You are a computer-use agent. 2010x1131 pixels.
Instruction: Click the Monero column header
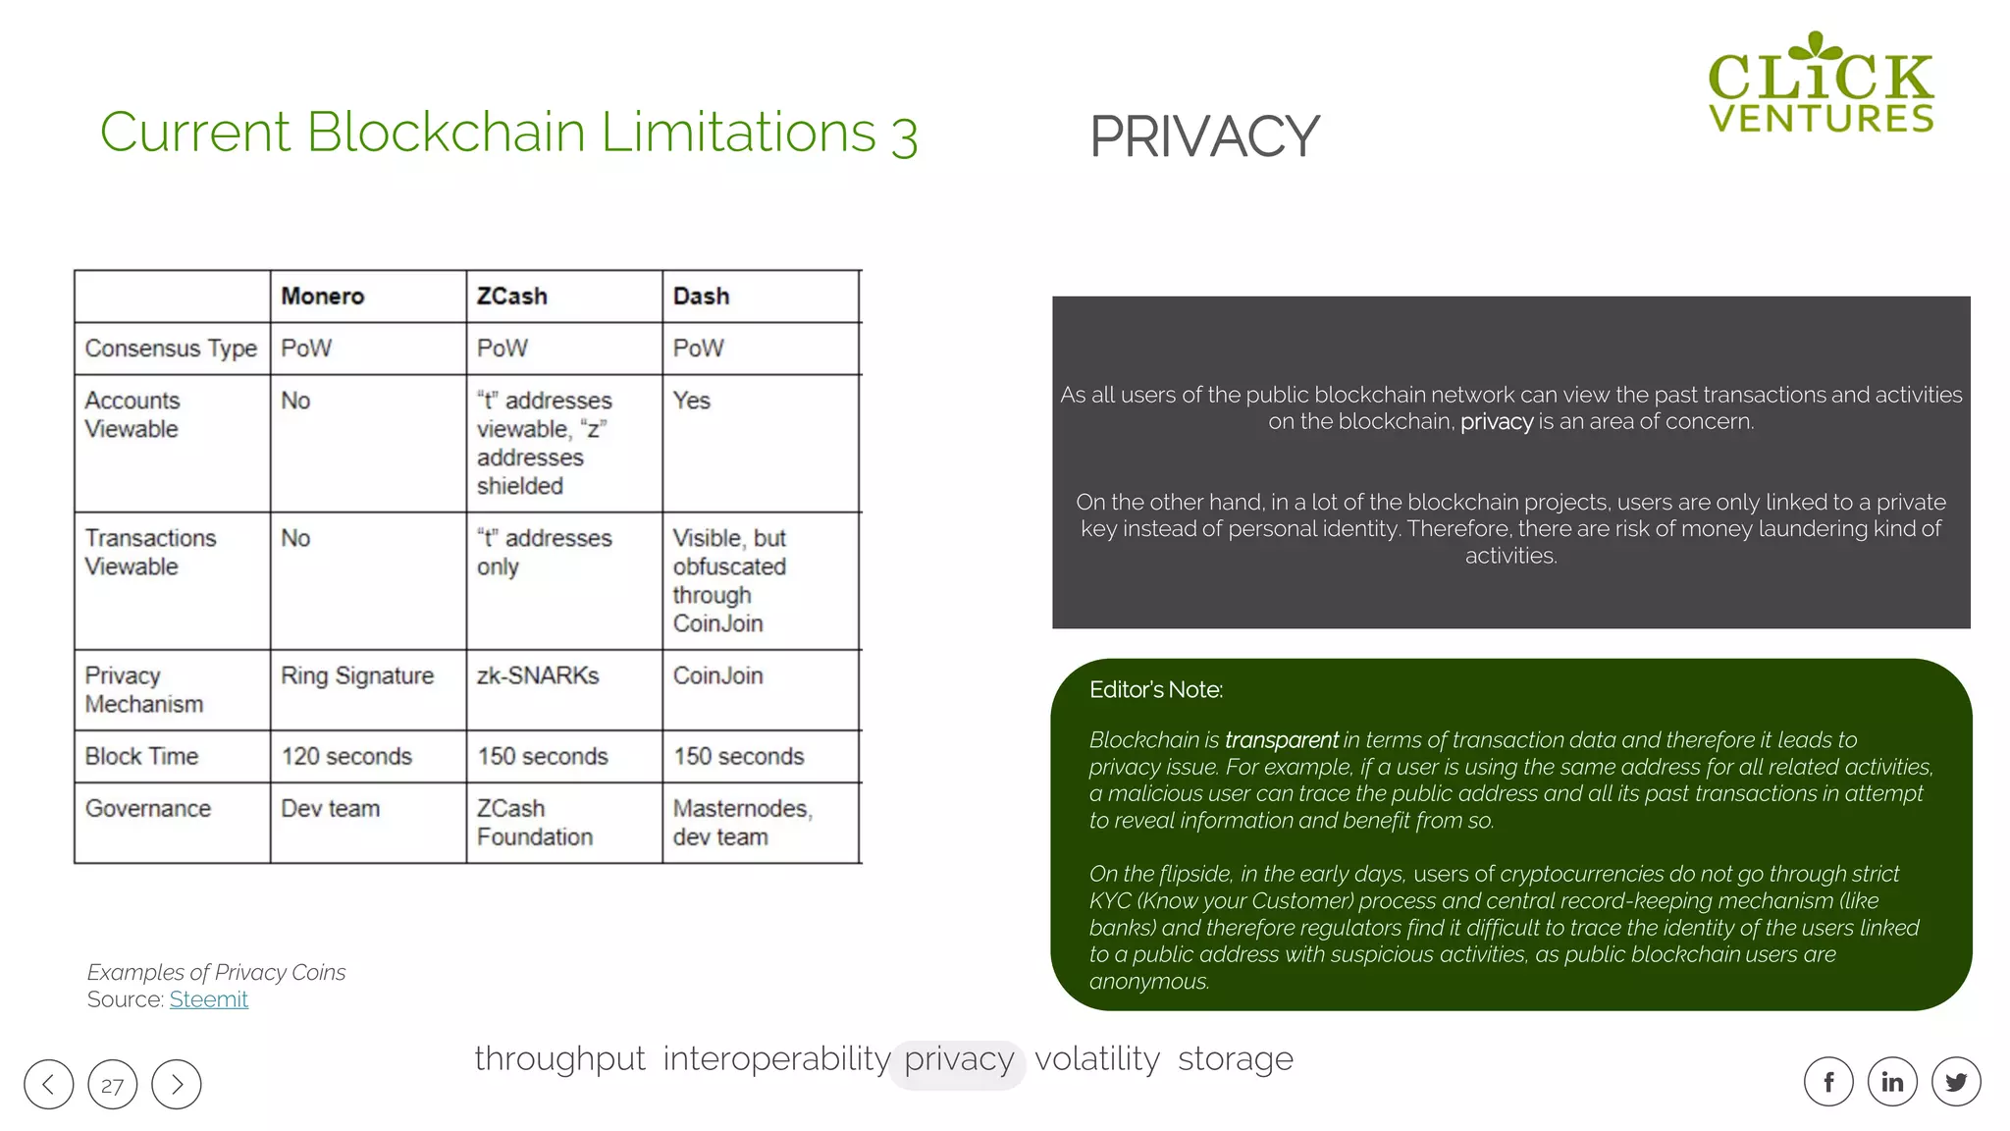323,296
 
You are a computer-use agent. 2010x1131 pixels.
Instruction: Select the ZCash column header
511,296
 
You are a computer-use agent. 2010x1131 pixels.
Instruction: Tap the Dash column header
701,296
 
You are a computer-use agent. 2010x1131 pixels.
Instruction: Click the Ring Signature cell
357,676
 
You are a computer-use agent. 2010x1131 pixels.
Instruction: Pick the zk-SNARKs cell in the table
538,676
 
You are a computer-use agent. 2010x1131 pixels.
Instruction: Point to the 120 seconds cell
346,757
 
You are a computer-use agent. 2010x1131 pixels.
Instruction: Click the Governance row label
148,809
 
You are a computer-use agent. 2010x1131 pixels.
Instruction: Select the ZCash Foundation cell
535,823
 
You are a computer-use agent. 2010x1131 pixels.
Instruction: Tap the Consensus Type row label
171,349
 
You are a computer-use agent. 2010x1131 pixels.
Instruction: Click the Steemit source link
208,999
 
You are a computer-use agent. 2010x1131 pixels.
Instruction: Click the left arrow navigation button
49,1085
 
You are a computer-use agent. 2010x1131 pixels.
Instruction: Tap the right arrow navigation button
177,1085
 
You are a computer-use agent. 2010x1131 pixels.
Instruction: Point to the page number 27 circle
113,1085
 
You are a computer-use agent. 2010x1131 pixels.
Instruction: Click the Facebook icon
1828,1082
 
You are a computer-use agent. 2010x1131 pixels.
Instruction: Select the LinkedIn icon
1892,1082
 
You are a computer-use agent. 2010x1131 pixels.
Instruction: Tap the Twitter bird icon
1956,1082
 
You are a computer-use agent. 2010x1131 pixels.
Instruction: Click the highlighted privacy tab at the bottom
959,1060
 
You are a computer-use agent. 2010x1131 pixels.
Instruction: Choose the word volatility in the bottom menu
1097,1060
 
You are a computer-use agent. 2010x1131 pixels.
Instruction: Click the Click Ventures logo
1821,84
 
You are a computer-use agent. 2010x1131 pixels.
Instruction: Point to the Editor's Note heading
1155,690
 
